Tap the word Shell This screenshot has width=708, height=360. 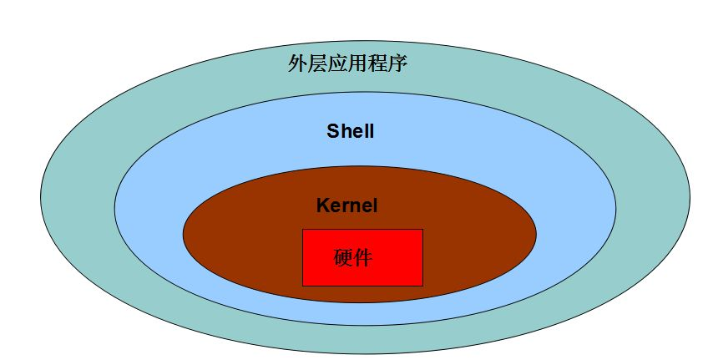click(350, 132)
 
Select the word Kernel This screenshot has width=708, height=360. click(346, 205)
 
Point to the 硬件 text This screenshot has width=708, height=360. click(352, 257)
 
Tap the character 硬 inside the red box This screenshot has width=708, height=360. click(342, 257)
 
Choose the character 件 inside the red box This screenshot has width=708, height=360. click(362, 257)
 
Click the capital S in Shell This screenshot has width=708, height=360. click(332, 132)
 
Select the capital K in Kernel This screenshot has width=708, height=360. click(322, 205)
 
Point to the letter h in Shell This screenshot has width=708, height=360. click(343, 132)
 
